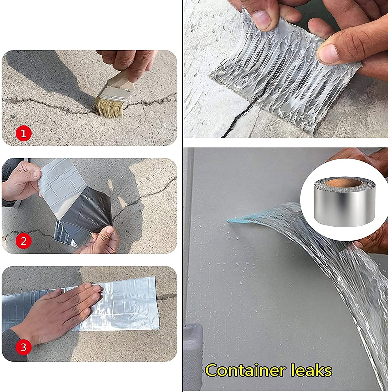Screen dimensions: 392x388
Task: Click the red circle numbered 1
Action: [24, 134]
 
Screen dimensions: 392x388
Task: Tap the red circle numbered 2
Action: [24, 241]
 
